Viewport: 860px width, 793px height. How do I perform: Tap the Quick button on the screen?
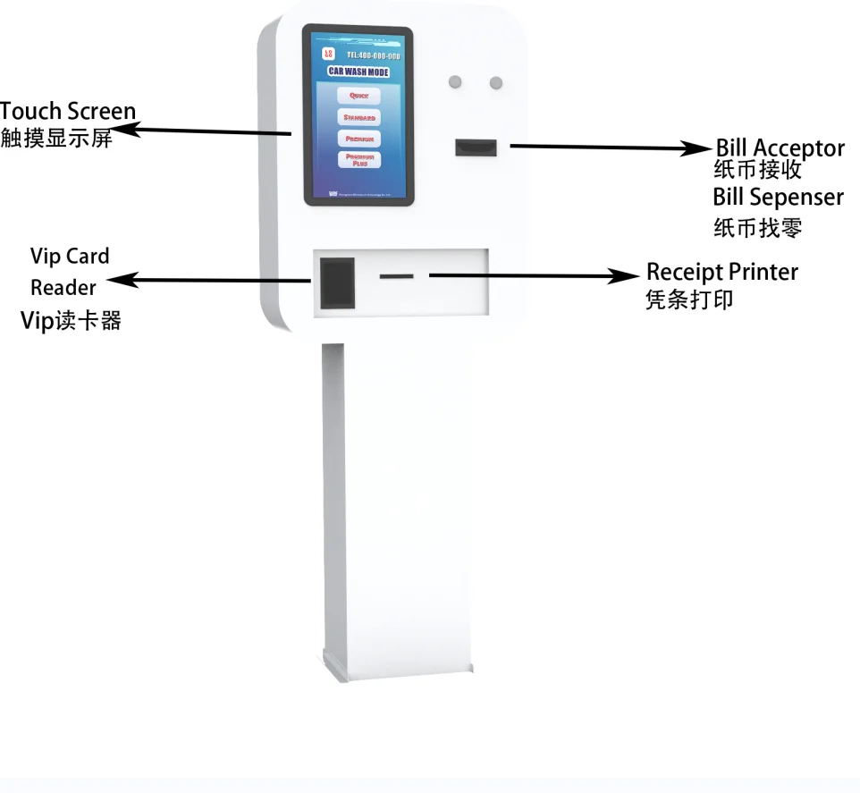point(358,96)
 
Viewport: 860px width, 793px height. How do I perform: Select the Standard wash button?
point(358,117)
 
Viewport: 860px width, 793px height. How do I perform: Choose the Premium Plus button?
point(358,160)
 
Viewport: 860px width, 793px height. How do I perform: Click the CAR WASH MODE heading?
point(358,72)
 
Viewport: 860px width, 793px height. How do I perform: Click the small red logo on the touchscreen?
point(328,55)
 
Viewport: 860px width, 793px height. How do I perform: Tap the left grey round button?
point(455,82)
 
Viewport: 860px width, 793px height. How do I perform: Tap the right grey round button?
point(495,83)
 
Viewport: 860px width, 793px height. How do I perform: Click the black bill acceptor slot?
point(476,147)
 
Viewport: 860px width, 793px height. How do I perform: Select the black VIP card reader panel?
point(337,281)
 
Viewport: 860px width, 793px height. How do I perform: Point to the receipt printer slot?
point(396,276)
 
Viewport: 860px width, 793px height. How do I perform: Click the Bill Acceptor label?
point(780,148)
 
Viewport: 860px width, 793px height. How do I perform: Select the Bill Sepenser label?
point(778,196)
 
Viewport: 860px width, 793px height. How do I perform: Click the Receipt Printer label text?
point(721,271)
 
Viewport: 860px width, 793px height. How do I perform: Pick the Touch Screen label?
point(68,112)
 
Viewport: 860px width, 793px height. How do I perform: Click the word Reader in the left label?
point(63,287)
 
